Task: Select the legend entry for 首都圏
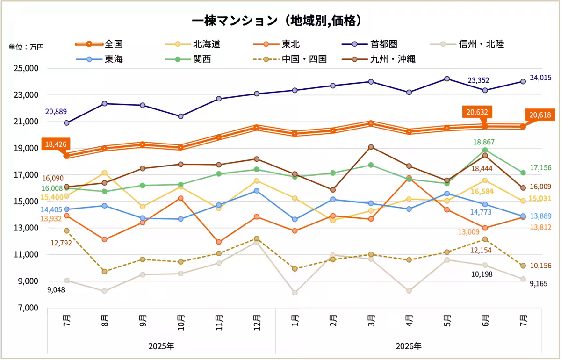370,44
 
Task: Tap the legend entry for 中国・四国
290,59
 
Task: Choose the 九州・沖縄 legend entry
379,59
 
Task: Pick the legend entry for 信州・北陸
467,44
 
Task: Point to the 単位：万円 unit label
26,47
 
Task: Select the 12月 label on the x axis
257,323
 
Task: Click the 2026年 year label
409,346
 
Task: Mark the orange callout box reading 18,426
56,144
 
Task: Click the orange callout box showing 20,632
477,112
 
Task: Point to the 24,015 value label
540,78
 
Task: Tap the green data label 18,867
484,142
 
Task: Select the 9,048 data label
56,290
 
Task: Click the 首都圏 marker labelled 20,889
66,123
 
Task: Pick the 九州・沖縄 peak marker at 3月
371,147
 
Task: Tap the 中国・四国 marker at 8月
105,272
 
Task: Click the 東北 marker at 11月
219,242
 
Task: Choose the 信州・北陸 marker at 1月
295,293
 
